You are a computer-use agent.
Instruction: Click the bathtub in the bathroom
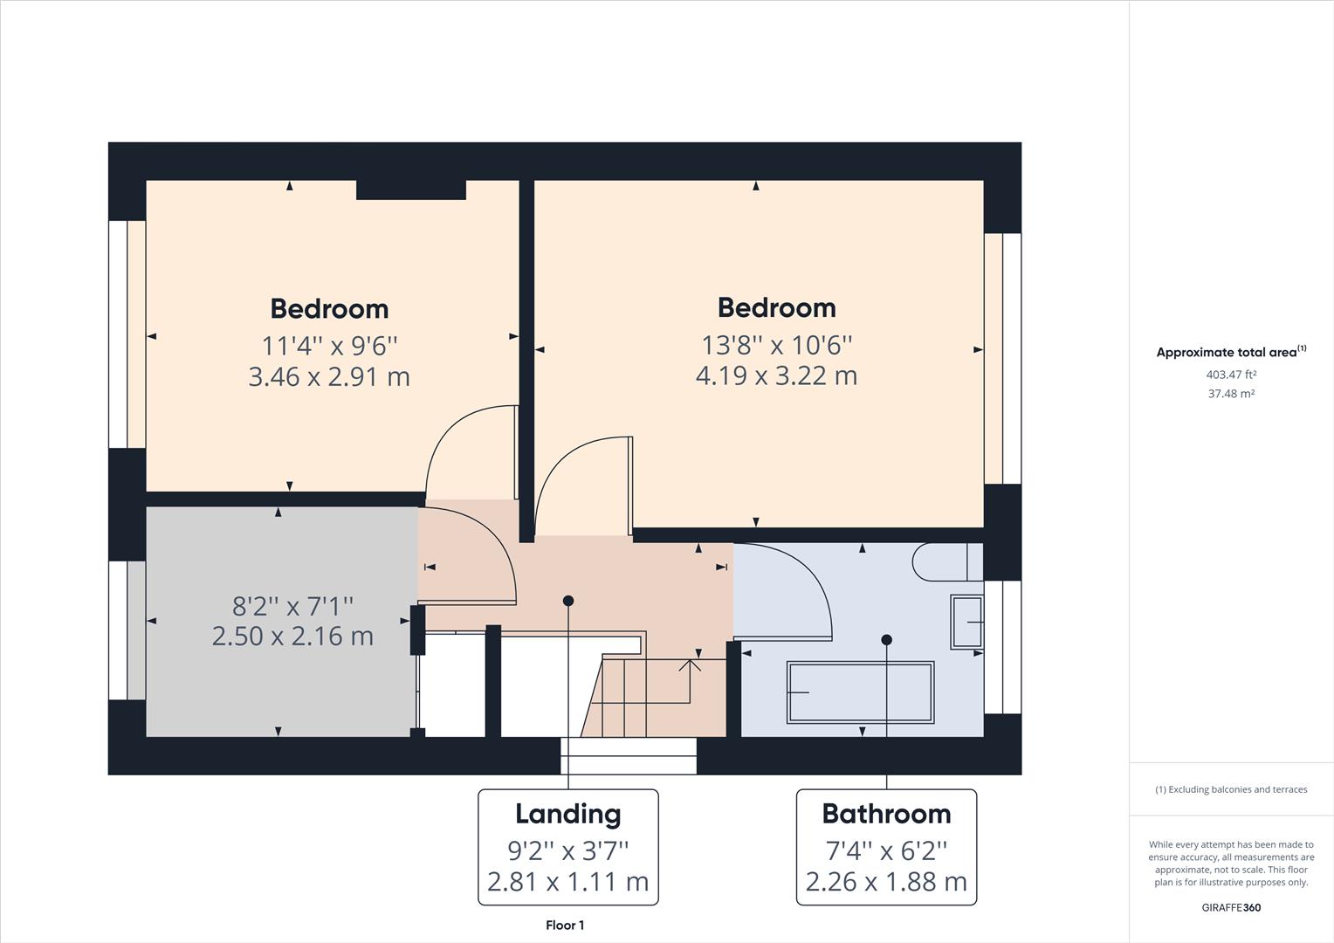click(860, 692)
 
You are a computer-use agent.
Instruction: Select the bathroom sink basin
click(966, 622)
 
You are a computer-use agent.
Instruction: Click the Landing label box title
click(568, 814)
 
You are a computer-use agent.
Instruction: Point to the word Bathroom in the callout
click(886, 814)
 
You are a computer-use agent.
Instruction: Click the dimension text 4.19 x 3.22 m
click(776, 375)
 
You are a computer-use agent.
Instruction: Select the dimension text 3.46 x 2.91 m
click(329, 376)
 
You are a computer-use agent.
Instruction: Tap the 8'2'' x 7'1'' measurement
click(292, 604)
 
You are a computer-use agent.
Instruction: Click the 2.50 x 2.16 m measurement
click(292, 636)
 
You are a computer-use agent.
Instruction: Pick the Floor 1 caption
click(565, 926)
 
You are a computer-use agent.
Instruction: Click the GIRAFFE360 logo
click(1231, 907)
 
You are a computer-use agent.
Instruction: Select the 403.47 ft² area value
click(1231, 375)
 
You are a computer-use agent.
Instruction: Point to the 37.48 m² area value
click(1231, 394)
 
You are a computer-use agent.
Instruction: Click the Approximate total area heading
click(1227, 353)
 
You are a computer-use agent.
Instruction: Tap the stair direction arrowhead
click(691, 665)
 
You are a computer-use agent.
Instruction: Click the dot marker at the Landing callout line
click(568, 601)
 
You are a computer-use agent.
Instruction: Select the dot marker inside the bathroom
click(886, 640)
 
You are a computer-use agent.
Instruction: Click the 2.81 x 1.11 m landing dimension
click(568, 882)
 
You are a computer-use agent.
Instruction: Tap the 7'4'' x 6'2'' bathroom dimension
click(886, 850)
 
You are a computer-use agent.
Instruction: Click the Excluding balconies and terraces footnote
click(1231, 789)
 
